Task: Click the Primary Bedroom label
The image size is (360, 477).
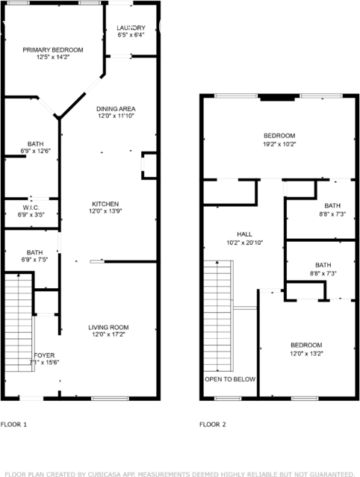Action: tap(52, 50)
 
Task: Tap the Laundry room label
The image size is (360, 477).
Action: tap(131, 28)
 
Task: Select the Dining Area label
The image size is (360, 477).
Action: tap(116, 108)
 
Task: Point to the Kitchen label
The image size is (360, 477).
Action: tap(105, 204)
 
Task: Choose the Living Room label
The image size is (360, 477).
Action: tap(109, 327)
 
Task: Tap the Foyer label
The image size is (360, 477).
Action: tap(44, 355)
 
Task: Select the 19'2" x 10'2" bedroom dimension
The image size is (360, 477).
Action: tap(279, 144)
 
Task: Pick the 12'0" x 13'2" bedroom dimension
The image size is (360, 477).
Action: tap(306, 353)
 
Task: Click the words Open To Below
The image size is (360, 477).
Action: tap(230, 379)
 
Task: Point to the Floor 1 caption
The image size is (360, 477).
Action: tap(13, 424)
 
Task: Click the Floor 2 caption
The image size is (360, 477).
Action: tap(213, 424)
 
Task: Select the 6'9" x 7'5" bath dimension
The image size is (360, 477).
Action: tap(35, 260)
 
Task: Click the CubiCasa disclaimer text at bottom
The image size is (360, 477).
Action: tap(179, 473)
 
